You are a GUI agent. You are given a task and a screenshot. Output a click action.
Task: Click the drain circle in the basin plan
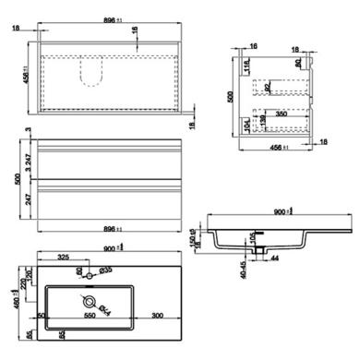(x=90, y=302)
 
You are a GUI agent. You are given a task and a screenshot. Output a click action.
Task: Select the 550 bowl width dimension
(x=90, y=317)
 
